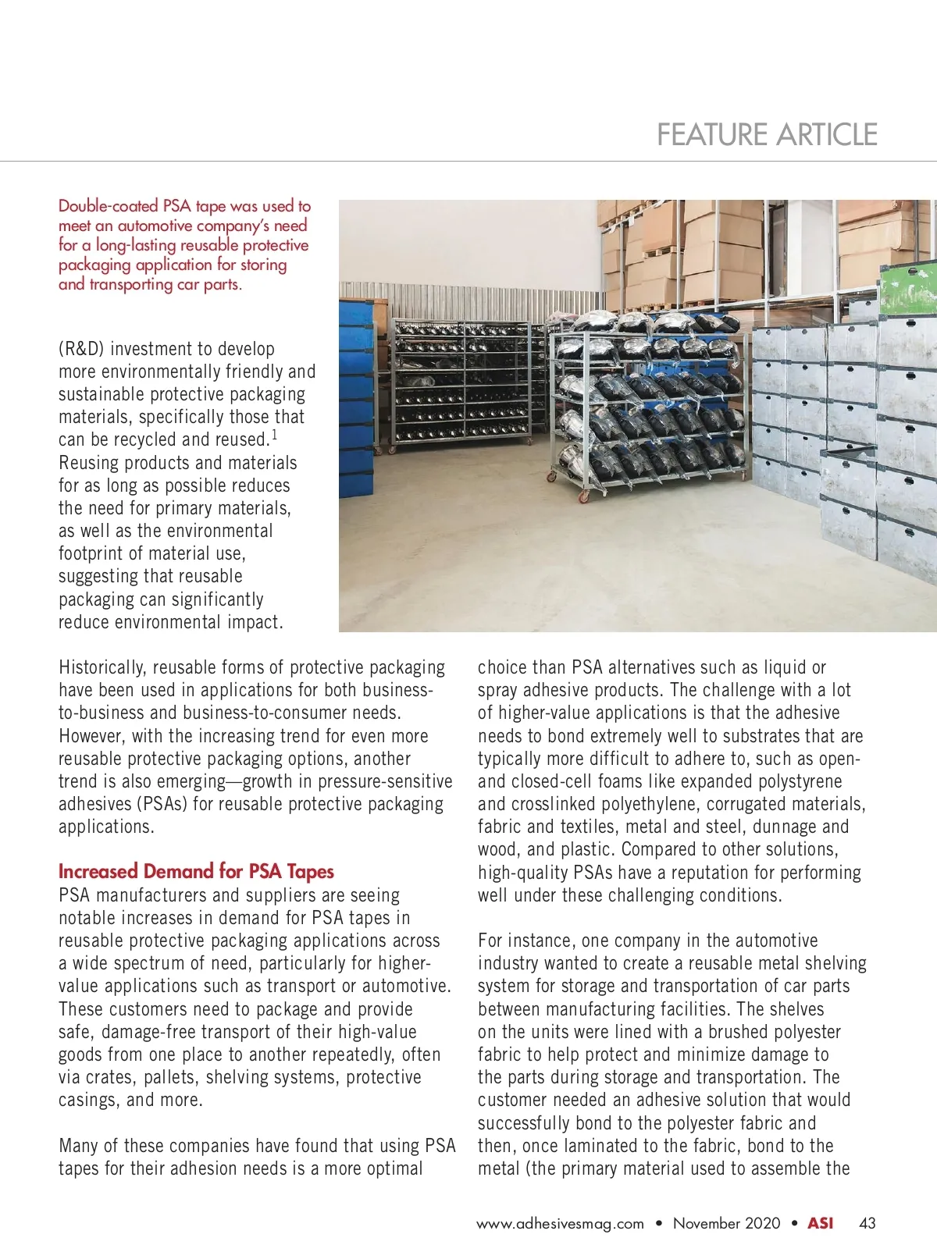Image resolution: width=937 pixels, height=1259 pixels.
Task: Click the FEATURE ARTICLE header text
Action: click(x=767, y=135)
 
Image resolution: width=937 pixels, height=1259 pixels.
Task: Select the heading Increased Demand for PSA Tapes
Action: click(x=196, y=872)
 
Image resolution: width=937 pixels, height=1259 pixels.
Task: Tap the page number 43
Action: click(x=867, y=1223)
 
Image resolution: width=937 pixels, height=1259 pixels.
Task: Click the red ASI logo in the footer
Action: click(x=820, y=1223)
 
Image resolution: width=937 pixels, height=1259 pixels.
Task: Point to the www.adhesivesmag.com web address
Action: click(x=560, y=1224)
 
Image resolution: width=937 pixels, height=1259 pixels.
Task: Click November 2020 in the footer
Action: click(x=726, y=1223)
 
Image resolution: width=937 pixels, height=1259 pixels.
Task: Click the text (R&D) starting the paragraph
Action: click(x=81, y=349)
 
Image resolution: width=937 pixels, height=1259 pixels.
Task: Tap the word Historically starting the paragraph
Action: click(x=102, y=668)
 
